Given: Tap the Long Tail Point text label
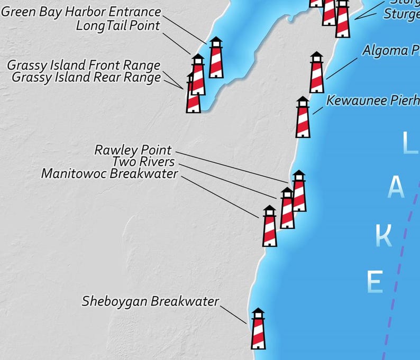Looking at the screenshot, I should coord(118,25).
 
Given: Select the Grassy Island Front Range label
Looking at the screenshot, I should coord(84,65).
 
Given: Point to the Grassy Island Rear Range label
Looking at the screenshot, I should coord(86,78).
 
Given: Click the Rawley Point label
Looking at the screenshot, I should coord(133,150).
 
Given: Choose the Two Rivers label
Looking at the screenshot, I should coord(143,161).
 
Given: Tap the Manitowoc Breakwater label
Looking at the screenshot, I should coord(109,173).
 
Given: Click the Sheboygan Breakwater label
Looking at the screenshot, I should coord(150,301).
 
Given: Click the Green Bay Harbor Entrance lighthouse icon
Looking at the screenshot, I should coord(216,58).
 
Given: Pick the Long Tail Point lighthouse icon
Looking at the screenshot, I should coord(198,75).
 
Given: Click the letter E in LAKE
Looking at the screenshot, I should coord(375,281).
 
